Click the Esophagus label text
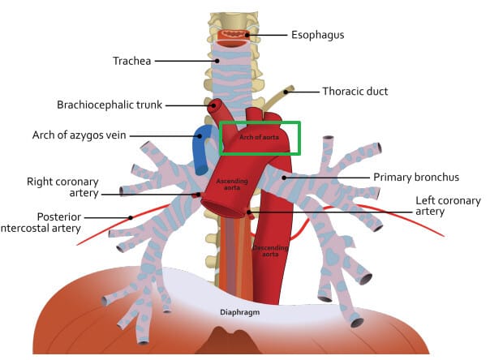coord(318,35)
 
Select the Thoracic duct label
coord(356,92)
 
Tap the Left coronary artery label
coord(448,206)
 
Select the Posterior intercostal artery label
coord(58,223)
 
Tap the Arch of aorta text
coord(257,136)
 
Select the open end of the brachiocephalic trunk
coord(216,105)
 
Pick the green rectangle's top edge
coord(260,122)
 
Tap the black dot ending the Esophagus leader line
coord(247,36)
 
